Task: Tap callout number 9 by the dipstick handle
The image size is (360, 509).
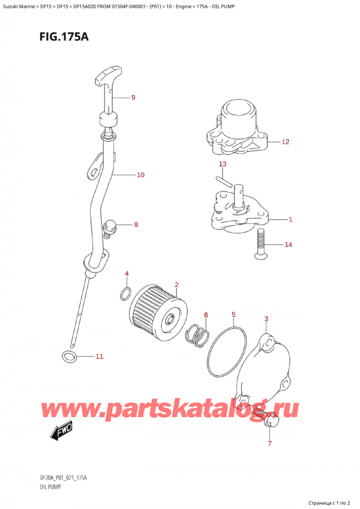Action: point(133,97)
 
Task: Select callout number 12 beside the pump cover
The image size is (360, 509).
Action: point(286,142)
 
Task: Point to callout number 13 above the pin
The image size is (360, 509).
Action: point(223,164)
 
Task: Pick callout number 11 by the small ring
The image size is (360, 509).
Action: point(100,357)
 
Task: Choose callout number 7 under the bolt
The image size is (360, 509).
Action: point(269,444)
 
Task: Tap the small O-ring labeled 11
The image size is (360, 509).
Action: point(69,358)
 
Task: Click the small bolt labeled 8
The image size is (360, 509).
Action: point(110,227)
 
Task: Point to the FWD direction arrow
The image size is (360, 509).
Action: point(58,430)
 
